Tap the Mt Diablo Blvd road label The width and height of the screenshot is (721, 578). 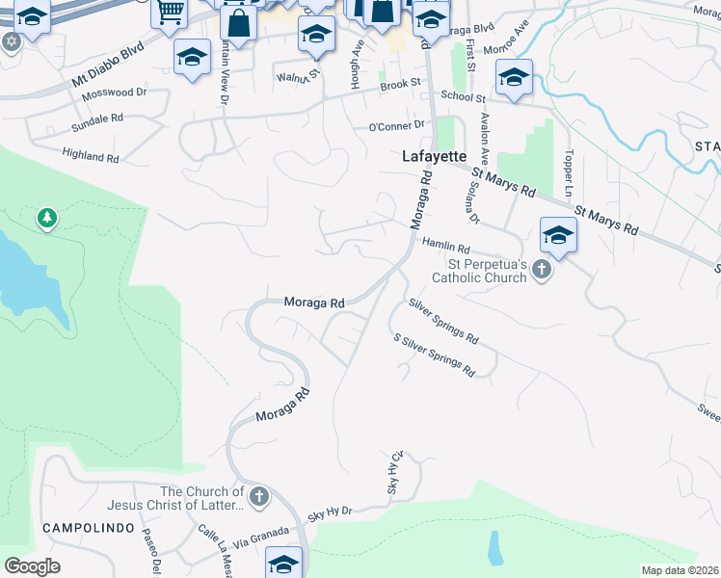(114, 63)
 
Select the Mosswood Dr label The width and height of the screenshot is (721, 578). (114, 93)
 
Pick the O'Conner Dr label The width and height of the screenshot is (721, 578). (396, 126)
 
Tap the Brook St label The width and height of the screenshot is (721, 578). (401, 85)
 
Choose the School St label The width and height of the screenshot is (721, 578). (463, 96)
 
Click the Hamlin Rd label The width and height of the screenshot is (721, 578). (445, 247)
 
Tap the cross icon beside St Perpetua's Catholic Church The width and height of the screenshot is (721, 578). (542, 269)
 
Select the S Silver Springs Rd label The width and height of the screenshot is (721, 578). (434, 355)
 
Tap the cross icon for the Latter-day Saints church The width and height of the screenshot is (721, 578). (257, 498)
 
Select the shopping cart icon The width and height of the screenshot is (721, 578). (170, 12)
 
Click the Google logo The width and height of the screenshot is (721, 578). (32, 566)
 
